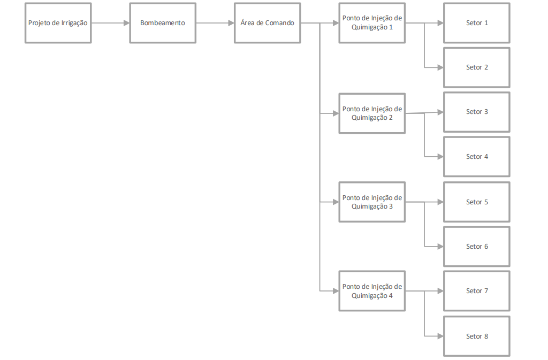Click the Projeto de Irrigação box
[x=58, y=23]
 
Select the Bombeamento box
[x=163, y=23]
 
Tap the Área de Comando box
[x=267, y=23]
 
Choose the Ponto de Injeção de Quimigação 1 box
[x=372, y=23]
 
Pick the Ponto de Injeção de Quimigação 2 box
[x=372, y=113]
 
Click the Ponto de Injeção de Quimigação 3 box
[x=372, y=202]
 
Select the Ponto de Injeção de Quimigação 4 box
[x=372, y=291]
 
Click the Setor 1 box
[x=476, y=23]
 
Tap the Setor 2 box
[x=476, y=67]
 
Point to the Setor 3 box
[x=476, y=112]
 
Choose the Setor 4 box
[x=476, y=157]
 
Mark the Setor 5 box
[x=476, y=202]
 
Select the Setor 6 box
[x=476, y=247]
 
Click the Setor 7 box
[x=476, y=291]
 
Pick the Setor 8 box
[x=476, y=336]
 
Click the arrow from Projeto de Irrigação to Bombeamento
[x=110, y=23]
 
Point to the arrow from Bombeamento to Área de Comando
[x=215, y=23]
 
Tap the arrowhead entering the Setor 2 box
[x=440, y=67]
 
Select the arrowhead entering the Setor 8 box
[x=440, y=336]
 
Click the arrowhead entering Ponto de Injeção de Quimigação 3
[x=336, y=202]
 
